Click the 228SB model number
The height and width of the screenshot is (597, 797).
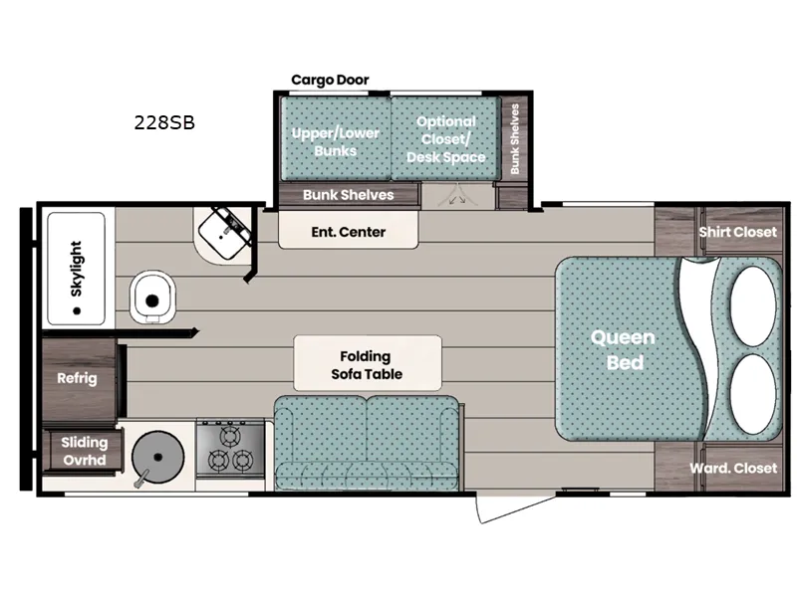pyautogui.click(x=164, y=123)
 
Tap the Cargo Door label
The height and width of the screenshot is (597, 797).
pyautogui.click(x=330, y=80)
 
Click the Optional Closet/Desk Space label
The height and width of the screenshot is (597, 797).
pyautogui.click(x=445, y=139)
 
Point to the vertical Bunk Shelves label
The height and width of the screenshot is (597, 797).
pyautogui.click(x=515, y=139)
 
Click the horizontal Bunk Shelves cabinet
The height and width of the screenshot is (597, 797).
pyautogui.click(x=348, y=195)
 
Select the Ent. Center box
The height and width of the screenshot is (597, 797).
pyautogui.click(x=348, y=232)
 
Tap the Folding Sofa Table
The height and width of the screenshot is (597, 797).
pyautogui.click(x=367, y=364)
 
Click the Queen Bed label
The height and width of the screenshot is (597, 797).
pyautogui.click(x=625, y=349)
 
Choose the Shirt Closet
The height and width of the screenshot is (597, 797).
pyautogui.click(x=736, y=232)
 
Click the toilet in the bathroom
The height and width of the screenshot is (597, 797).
pyautogui.click(x=152, y=297)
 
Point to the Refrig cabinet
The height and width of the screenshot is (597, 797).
pyautogui.click(x=77, y=378)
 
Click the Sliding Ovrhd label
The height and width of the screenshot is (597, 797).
pyautogui.click(x=84, y=451)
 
